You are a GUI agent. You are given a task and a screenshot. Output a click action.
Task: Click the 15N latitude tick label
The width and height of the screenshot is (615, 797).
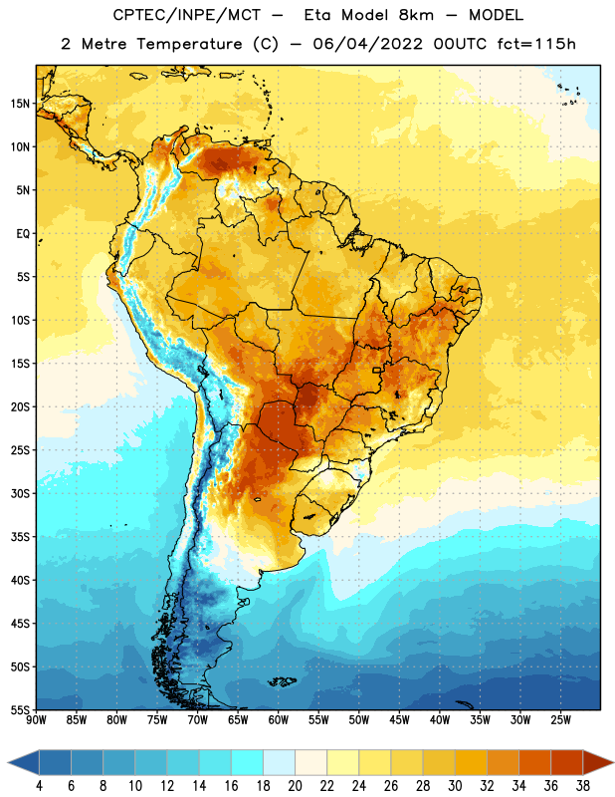coord(20,104)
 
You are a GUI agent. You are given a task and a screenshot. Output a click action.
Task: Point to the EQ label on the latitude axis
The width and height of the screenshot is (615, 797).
coord(23,234)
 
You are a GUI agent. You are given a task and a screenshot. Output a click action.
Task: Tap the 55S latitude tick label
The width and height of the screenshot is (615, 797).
coord(20,709)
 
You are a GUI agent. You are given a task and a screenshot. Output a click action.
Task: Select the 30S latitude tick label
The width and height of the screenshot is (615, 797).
coord(20,493)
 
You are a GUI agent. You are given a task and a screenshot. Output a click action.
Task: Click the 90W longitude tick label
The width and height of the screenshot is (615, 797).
coord(36,720)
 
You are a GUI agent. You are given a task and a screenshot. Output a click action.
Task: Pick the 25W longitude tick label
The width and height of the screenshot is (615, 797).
coord(560,720)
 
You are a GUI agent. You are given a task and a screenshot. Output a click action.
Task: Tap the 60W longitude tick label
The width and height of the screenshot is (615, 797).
coord(279,720)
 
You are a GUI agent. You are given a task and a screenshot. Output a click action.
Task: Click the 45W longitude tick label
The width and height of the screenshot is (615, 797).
coord(399,720)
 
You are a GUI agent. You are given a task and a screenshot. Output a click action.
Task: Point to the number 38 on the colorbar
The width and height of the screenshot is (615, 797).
coord(583,786)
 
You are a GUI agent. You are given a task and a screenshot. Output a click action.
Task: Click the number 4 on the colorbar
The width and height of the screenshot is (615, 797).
coord(39,786)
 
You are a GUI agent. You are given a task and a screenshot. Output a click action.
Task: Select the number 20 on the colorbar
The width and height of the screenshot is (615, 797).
coord(295,786)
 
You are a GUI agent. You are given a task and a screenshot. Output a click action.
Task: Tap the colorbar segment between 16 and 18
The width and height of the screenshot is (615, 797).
coord(247,763)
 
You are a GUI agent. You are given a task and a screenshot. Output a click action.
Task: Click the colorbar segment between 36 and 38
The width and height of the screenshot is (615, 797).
coord(567,763)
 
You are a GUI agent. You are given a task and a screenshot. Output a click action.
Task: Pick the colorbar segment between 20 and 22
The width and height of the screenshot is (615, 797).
coord(310,763)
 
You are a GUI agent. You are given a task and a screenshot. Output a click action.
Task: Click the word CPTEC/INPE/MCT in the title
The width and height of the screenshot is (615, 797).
coord(186,15)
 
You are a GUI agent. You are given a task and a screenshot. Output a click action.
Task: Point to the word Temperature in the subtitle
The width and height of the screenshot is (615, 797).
coord(189,44)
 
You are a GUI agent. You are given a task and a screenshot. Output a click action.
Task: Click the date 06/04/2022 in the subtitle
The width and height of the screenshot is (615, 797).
coord(367,44)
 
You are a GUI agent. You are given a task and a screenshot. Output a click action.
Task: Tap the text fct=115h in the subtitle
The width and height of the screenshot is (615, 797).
coord(536,44)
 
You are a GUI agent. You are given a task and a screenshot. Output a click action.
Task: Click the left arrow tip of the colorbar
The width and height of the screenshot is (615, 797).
coord(8,763)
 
